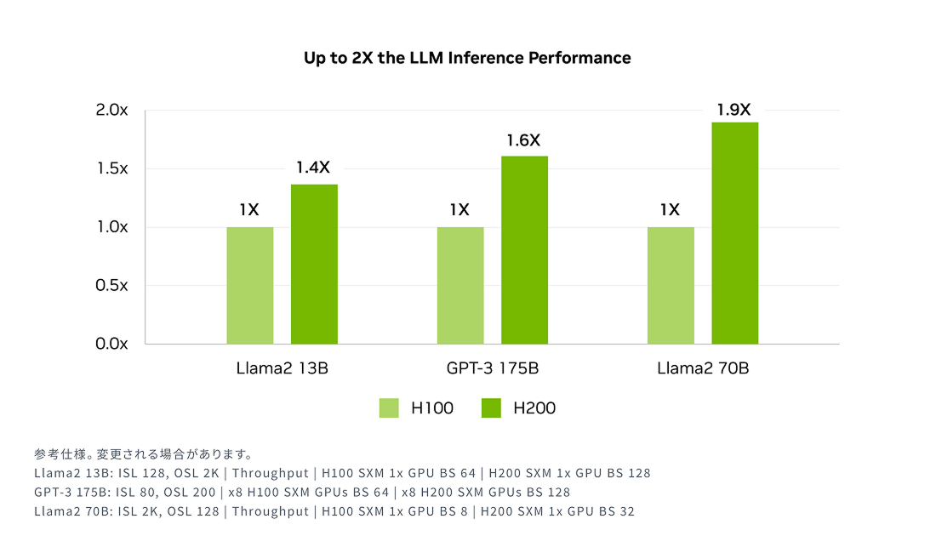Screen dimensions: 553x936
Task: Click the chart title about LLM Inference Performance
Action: click(467, 58)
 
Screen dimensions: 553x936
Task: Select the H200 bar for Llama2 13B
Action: click(314, 264)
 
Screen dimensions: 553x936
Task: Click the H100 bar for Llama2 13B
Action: click(250, 285)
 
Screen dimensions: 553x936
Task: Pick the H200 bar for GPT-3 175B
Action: click(524, 250)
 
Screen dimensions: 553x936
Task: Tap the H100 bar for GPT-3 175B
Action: click(460, 285)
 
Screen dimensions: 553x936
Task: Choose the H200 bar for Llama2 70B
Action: click(734, 233)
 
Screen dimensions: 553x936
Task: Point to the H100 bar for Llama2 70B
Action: click(671, 285)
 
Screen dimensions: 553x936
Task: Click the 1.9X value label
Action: click(733, 110)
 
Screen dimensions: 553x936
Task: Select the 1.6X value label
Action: click(523, 140)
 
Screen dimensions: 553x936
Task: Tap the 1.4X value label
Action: click(312, 168)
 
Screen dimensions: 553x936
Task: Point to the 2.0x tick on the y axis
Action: click(111, 110)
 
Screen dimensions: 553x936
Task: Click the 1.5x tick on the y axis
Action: click(111, 168)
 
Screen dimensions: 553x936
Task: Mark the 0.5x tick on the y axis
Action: click(111, 285)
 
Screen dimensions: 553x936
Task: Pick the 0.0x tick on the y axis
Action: click(111, 344)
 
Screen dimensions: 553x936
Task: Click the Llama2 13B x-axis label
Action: click(282, 369)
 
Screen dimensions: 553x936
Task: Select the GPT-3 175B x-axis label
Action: click(492, 369)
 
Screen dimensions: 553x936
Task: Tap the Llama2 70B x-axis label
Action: click(703, 369)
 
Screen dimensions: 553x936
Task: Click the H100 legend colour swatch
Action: click(389, 408)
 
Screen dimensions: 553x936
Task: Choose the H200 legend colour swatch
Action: click(491, 408)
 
